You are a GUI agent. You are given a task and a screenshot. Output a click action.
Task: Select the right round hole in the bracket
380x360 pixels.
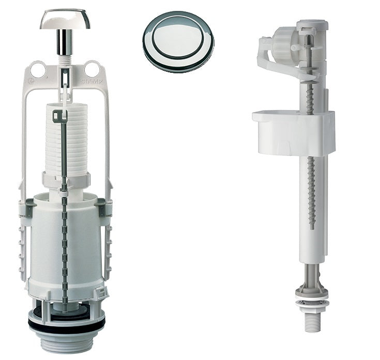point(92,69)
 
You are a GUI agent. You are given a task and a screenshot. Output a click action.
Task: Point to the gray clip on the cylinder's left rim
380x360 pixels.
point(28,209)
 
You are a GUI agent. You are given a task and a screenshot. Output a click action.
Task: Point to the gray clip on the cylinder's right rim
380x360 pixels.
point(102,209)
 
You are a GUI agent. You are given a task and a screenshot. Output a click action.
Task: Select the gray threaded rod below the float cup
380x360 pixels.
point(311,191)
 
